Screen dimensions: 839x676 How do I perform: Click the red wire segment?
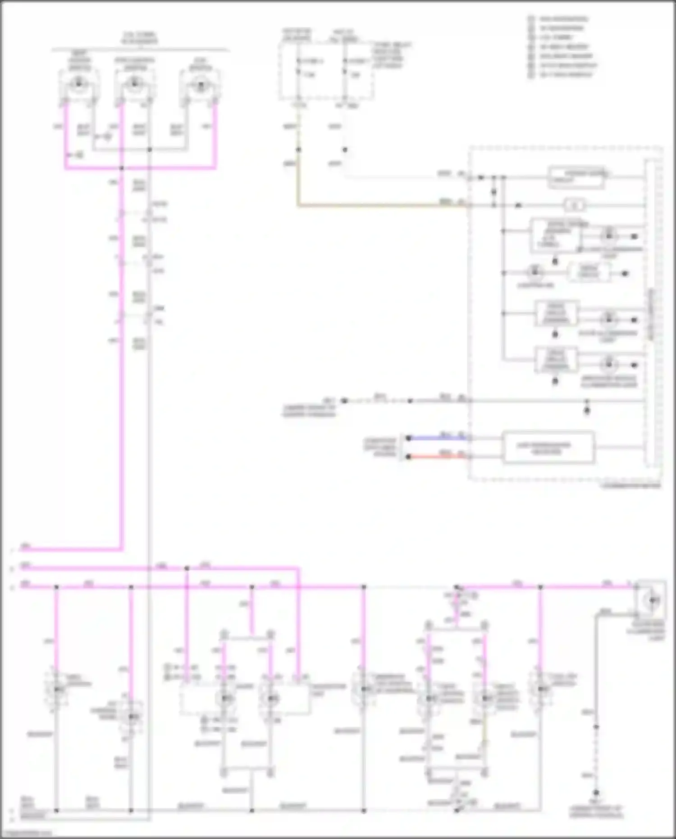435,457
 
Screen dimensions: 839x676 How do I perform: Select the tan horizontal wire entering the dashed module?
383,206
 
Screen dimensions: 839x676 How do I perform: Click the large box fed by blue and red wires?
548,447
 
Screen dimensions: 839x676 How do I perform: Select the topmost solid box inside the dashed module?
577,177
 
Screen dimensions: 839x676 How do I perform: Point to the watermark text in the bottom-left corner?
26,833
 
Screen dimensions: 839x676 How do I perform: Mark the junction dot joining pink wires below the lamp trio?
122,169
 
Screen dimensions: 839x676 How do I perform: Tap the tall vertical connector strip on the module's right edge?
651,313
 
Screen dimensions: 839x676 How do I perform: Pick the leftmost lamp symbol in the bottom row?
57,689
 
